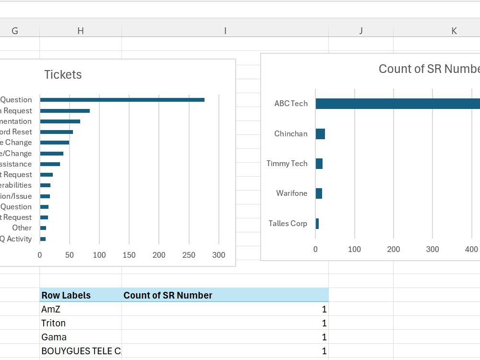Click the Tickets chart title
point(63,75)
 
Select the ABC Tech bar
point(397,104)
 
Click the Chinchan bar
point(320,134)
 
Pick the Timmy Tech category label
point(287,164)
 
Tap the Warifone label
point(291,193)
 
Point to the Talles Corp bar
point(317,224)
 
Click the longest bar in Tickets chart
point(122,100)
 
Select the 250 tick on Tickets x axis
point(189,255)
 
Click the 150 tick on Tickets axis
point(129,255)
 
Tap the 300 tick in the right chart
point(432,250)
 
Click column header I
point(225,31)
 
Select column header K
point(454,31)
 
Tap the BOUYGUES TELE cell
point(81,351)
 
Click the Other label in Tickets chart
point(22,228)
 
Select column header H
point(80,31)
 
